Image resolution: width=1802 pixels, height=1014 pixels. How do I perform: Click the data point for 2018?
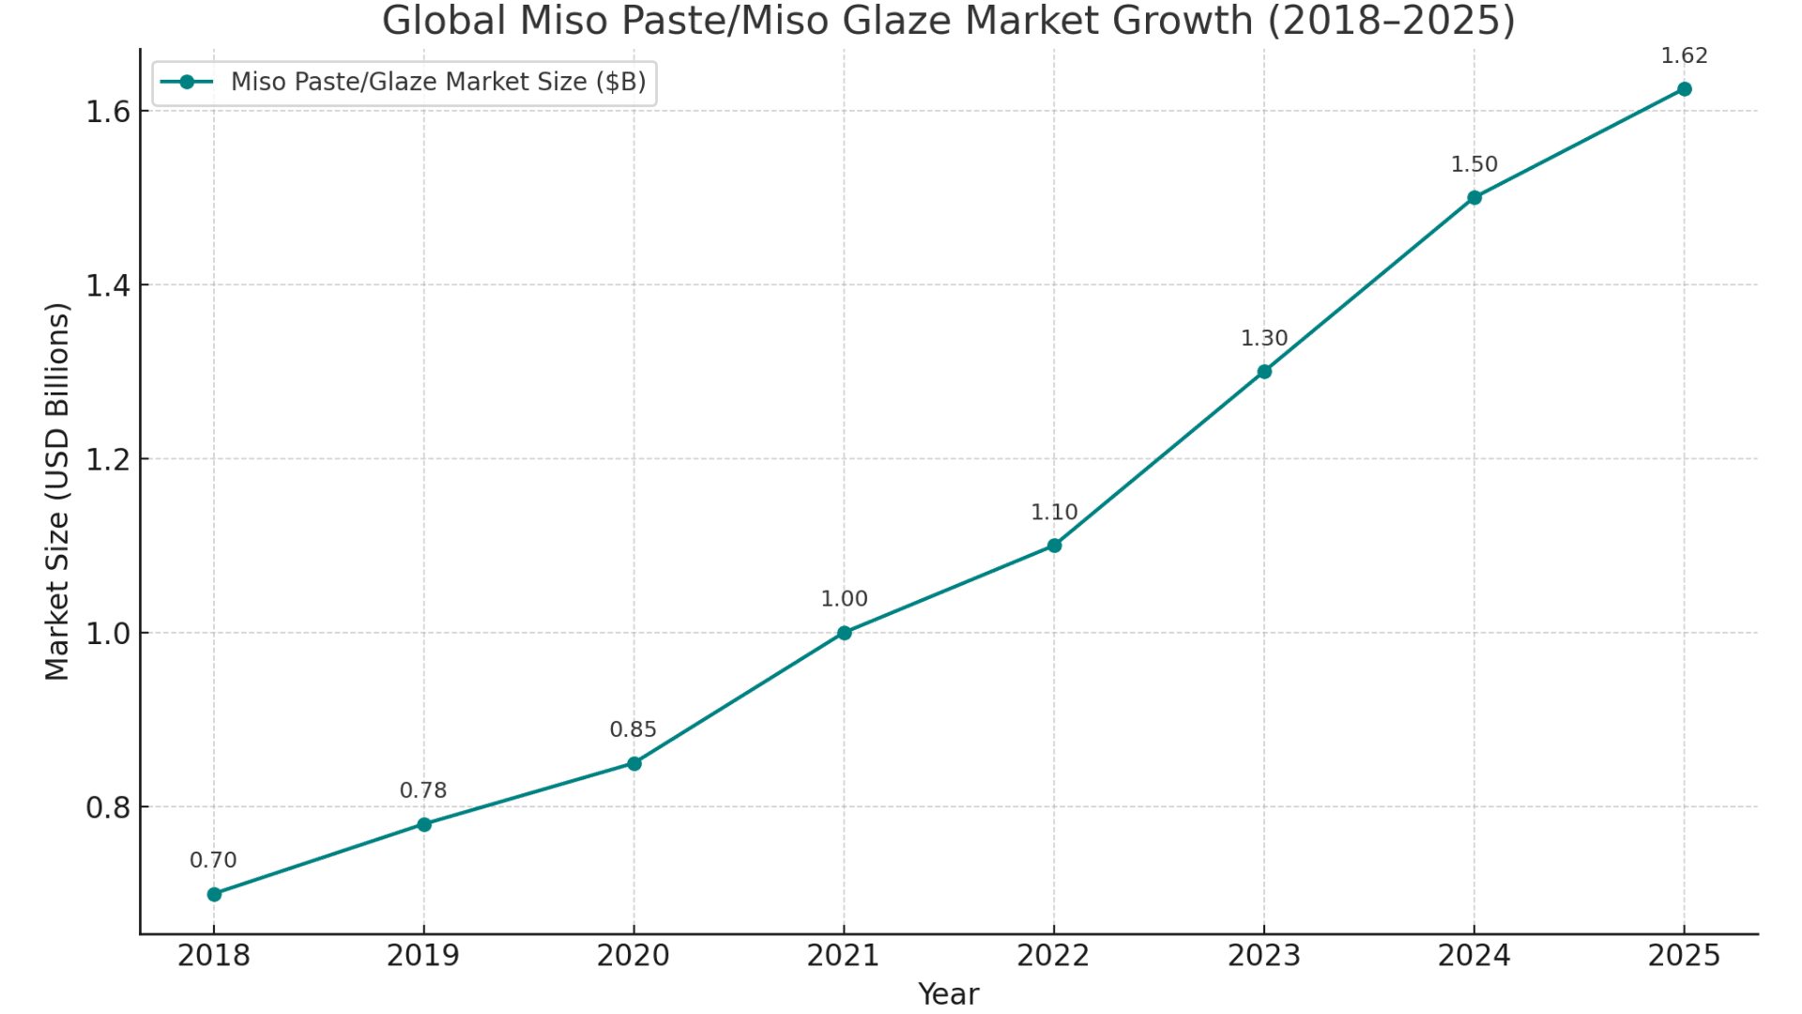click(x=214, y=894)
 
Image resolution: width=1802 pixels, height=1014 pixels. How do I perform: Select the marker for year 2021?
click(x=844, y=633)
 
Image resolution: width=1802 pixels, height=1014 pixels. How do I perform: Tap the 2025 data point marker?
click(x=1684, y=89)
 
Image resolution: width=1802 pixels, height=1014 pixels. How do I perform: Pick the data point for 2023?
click(x=1264, y=372)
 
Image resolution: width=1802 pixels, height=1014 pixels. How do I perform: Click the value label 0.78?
click(x=423, y=791)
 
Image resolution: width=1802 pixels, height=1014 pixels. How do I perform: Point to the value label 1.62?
click(x=1684, y=56)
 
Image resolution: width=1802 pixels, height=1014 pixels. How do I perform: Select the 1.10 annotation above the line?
click(x=1054, y=513)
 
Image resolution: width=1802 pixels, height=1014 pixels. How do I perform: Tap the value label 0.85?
click(x=634, y=730)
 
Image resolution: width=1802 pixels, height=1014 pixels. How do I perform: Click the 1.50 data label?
click(x=1474, y=164)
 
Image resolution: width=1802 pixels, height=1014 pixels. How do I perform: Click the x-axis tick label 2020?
click(x=634, y=956)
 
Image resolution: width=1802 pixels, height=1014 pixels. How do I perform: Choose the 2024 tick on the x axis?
click(x=1474, y=956)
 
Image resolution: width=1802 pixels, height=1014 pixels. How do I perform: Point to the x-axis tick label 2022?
click(x=1054, y=956)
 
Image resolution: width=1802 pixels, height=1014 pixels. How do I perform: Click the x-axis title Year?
click(x=948, y=994)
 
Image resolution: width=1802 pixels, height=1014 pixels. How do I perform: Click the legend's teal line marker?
click(x=187, y=83)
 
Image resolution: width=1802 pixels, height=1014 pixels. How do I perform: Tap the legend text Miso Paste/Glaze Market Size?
click(x=438, y=83)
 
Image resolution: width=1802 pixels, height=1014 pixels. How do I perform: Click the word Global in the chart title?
click(x=444, y=21)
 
